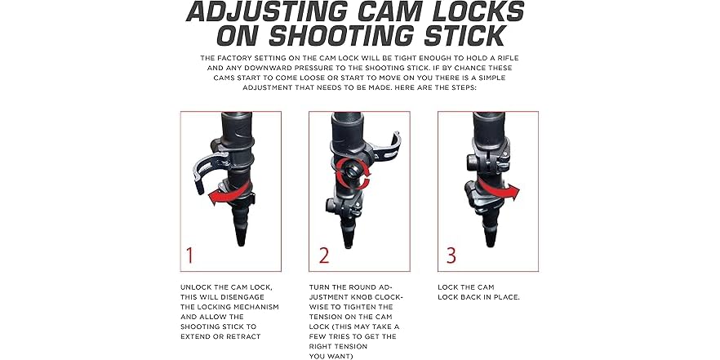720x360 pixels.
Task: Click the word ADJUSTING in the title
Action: [267, 11]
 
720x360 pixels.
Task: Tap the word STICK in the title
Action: [465, 36]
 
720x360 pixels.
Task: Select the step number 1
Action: [189, 256]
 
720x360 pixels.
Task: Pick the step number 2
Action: [324, 256]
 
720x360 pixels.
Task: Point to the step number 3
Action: [451, 256]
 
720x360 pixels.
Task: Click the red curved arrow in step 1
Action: [229, 193]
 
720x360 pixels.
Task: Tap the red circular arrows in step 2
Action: [352, 174]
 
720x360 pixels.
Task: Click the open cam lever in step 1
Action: [207, 170]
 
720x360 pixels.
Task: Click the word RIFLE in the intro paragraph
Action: [508, 58]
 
